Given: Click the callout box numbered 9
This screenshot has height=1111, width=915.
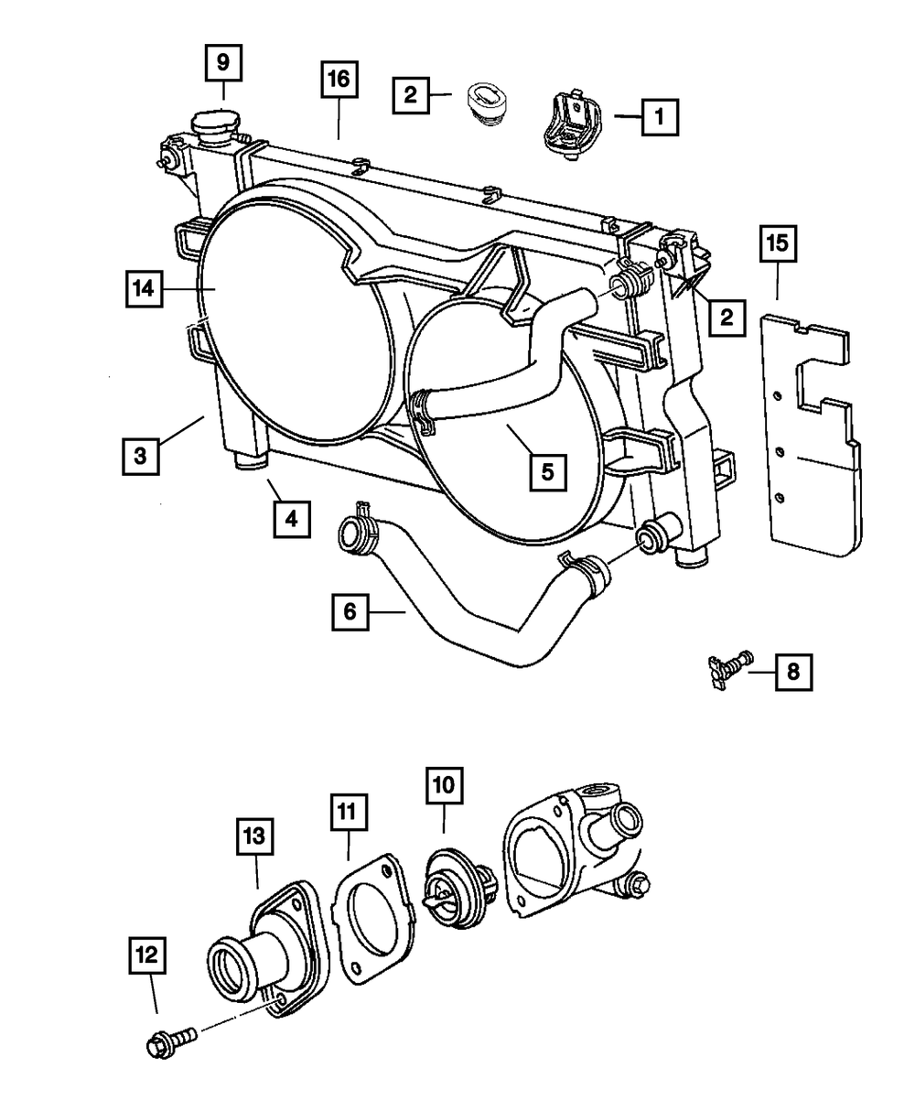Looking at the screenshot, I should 222,65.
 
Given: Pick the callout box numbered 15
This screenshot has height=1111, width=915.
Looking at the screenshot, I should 777,244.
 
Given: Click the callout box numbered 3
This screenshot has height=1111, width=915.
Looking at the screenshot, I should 139,455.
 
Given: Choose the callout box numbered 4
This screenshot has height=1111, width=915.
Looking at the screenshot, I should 290,519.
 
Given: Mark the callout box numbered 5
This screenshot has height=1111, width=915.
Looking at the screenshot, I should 547,472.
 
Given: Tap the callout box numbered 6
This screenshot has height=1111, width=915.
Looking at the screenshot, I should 350,612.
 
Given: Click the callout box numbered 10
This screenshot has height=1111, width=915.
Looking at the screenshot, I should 443,786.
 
